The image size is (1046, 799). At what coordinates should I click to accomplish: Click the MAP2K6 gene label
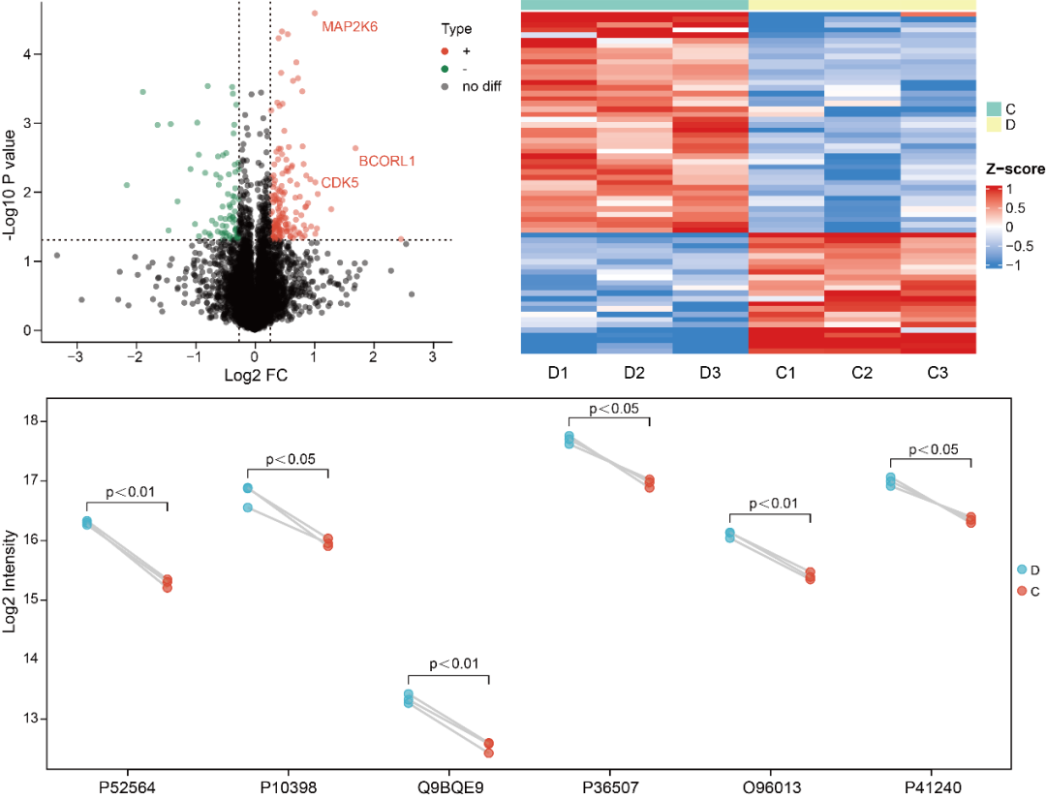(350, 26)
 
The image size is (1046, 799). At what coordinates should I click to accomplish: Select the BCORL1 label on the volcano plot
(387, 160)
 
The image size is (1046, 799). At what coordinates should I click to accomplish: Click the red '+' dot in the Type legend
(445, 50)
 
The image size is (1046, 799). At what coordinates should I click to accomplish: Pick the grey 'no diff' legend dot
(445, 86)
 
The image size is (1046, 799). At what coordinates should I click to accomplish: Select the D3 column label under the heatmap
(710, 373)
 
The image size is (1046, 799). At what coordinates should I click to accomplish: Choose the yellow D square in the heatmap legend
(995, 124)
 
